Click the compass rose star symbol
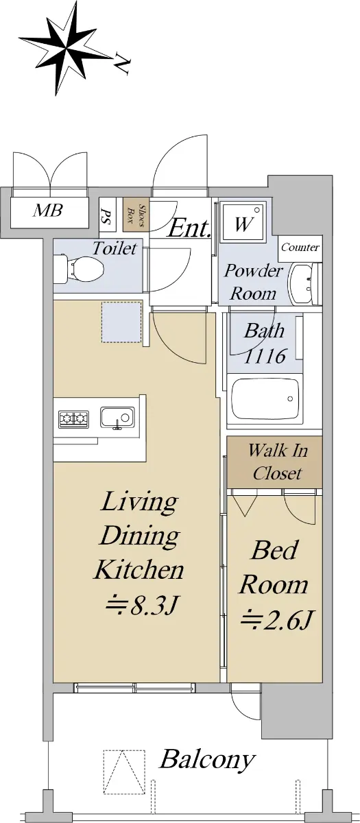[65, 48]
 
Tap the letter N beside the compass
[121, 63]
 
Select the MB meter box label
[48, 211]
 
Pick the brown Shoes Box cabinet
[136, 215]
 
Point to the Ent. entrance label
[189, 228]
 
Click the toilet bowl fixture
[79, 270]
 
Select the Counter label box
[300, 248]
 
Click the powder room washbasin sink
[302, 283]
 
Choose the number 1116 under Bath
[265, 356]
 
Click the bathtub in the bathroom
[265, 398]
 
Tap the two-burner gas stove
[73, 419]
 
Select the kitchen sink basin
[117, 418]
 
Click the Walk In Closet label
[278, 462]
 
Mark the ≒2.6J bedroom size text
[276, 620]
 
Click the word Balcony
[208, 759]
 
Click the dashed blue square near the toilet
[122, 322]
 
